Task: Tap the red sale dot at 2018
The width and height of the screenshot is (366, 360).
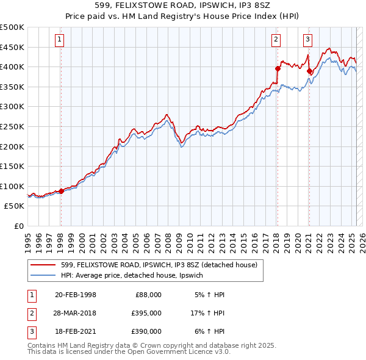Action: [x=278, y=68]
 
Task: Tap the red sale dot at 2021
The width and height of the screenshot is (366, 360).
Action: [x=309, y=71]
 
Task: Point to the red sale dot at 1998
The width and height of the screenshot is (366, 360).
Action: [x=61, y=191]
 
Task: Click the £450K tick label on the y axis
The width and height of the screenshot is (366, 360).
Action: [x=12, y=47]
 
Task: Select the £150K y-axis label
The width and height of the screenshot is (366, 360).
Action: [x=12, y=166]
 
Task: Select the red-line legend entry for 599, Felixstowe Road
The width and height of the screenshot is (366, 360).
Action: [x=159, y=265]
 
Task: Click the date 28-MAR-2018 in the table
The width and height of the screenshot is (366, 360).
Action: [x=75, y=313]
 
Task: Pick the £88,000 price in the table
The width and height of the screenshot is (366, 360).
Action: [x=148, y=295]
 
